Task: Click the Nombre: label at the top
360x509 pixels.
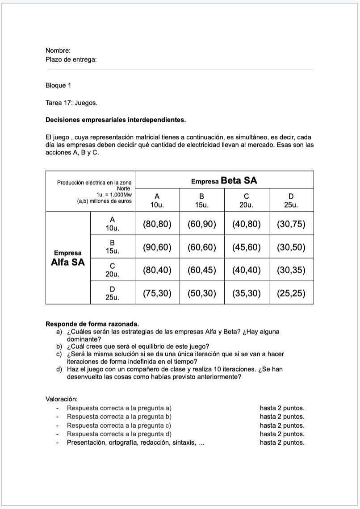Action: [58, 51]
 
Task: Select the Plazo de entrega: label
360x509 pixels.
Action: [71, 59]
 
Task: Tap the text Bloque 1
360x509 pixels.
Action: [58, 85]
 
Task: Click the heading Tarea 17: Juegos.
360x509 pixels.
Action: [71, 103]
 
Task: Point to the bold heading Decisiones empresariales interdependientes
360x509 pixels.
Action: [115, 120]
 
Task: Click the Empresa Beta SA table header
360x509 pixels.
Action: [224, 181]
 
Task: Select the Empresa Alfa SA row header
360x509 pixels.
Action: [67, 258]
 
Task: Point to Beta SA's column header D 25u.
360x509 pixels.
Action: [291, 200]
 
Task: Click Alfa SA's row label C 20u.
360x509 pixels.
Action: [112, 270]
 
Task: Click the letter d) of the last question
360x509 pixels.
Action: [59, 369]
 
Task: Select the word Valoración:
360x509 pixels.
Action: [62, 398]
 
